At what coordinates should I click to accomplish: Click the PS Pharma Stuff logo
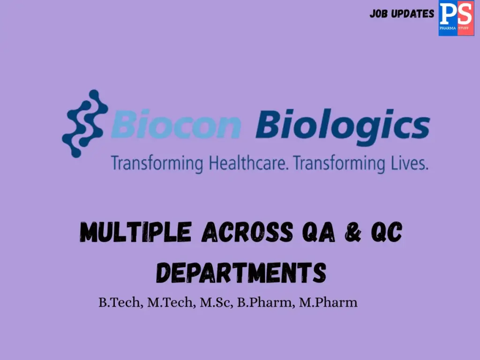click(456, 18)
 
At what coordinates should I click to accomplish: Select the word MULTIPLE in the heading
click(135, 232)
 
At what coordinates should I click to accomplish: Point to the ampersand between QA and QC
click(353, 232)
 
